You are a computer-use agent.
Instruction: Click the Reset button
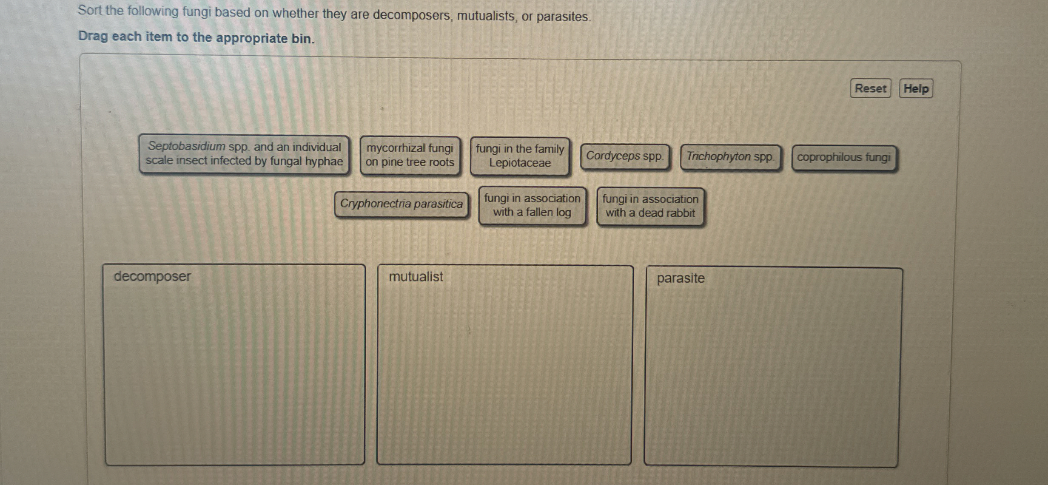pos(870,88)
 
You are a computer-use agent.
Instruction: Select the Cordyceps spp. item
pos(624,156)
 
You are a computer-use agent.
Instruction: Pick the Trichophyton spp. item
pos(730,157)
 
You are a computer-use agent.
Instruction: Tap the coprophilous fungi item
pos(844,158)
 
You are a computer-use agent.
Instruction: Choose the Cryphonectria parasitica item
pos(401,204)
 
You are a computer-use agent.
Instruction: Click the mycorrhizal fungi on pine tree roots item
pos(410,155)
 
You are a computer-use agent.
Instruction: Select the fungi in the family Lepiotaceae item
pos(520,156)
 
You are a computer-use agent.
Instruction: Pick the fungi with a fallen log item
pos(532,206)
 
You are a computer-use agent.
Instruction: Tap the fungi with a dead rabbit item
pos(650,207)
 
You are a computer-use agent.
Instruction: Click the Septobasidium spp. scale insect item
pos(244,154)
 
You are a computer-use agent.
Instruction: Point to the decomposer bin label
pos(152,277)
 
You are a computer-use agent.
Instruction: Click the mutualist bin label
pos(416,277)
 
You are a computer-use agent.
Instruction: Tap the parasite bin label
pos(681,278)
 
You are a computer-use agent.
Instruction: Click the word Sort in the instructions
pos(90,10)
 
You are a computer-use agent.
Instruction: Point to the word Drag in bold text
pos(93,36)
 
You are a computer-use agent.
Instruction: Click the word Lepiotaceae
pos(520,163)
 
